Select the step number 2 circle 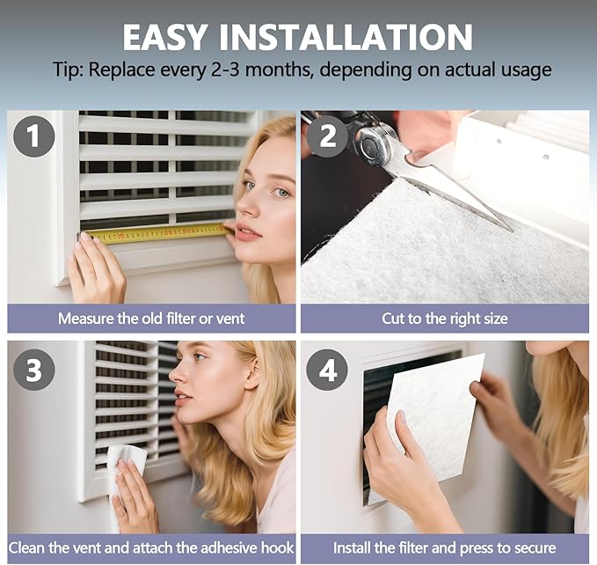pyautogui.click(x=326, y=137)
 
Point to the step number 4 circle pyautogui.click(x=326, y=370)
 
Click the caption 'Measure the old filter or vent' pyautogui.click(x=151, y=319)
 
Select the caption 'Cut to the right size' pyautogui.click(x=444, y=319)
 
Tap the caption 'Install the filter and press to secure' pyautogui.click(x=444, y=548)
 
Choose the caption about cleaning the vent pyautogui.click(x=151, y=548)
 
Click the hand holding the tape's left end pyautogui.click(x=94, y=269)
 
